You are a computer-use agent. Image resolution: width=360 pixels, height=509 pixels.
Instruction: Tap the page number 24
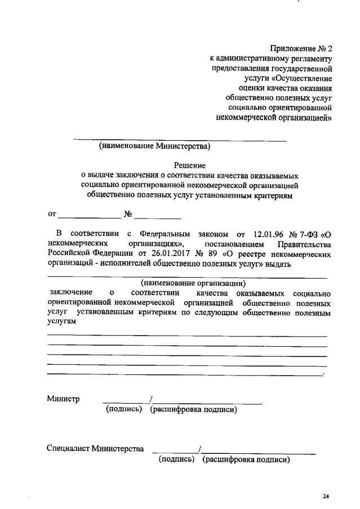pyautogui.click(x=326, y=495)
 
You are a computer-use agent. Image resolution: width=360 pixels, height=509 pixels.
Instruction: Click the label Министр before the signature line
pyautogui.click(x=63, y=399)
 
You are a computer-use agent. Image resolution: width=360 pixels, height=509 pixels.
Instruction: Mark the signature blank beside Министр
pyautogui.click(x=125, y=401)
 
